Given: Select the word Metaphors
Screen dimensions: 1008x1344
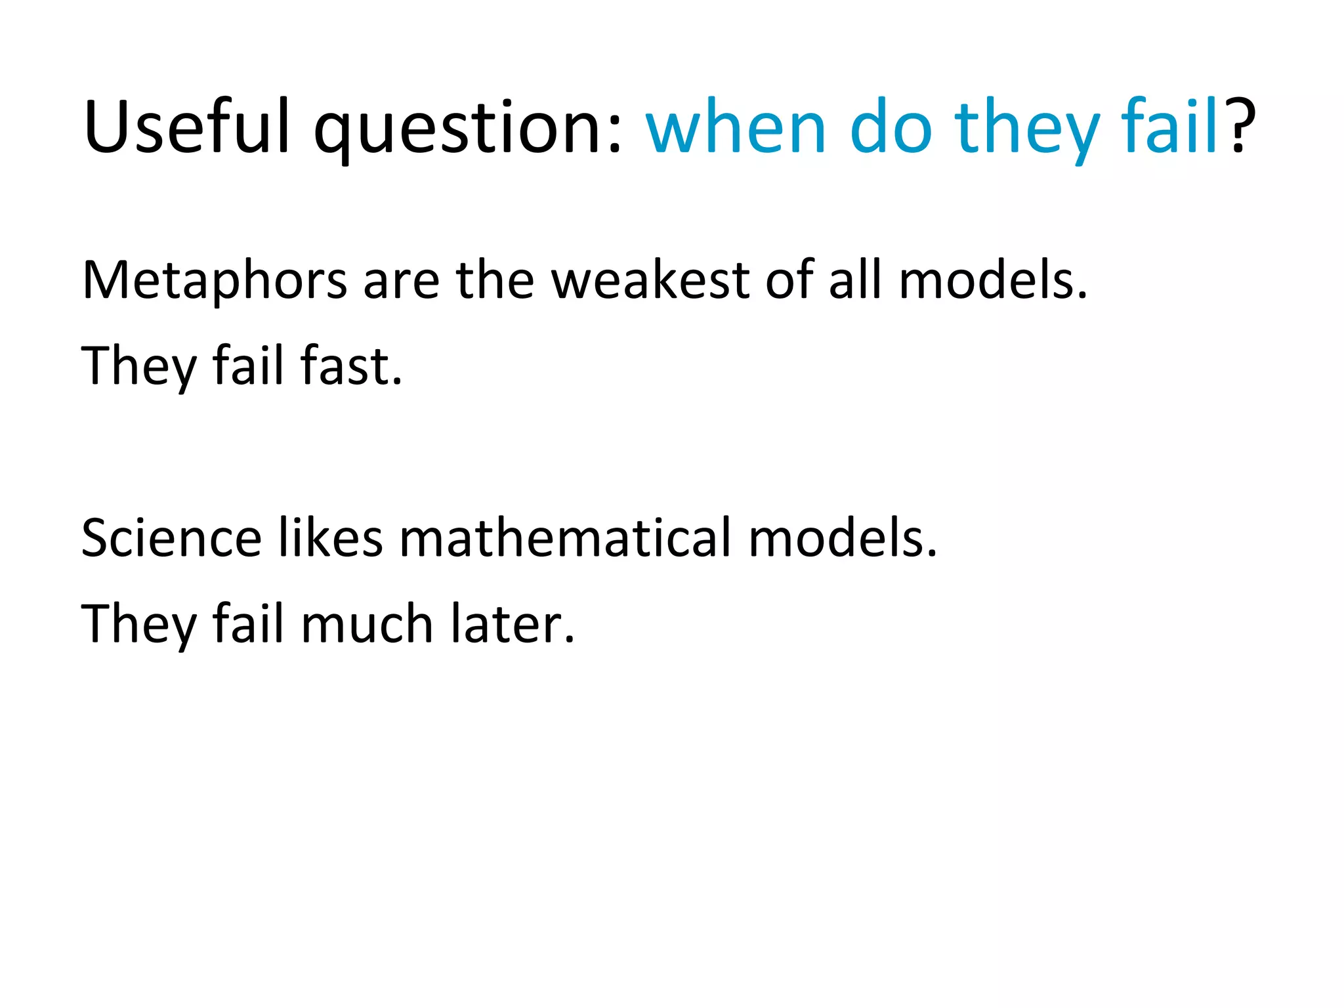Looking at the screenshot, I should [x=215, y=281].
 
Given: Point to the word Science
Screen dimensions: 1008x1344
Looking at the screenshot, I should [x=171, y=537].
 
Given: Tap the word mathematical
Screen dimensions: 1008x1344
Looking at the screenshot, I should [x=565, y=537].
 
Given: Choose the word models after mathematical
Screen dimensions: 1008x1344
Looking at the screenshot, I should [x=843, y=537].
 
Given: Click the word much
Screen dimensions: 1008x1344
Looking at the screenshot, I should [x=367, y=623].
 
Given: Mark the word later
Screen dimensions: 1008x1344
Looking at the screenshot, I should [x=513, y=623].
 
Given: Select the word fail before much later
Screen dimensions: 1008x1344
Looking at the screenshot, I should [x=248, y=623].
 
